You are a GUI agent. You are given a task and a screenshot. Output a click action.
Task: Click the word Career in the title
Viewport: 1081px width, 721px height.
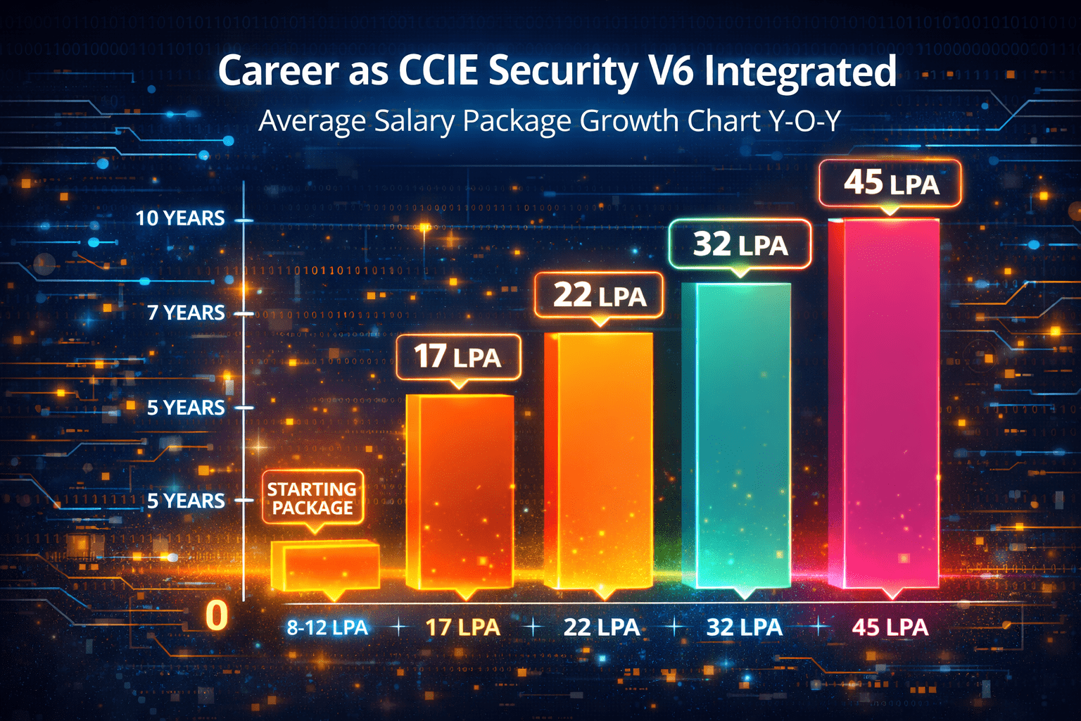[x=279, y=71]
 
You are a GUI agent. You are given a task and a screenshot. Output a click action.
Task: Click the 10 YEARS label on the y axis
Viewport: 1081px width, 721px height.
[x=180, y=218]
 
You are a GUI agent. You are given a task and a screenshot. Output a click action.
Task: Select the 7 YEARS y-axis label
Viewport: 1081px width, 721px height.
[x=186, y=313]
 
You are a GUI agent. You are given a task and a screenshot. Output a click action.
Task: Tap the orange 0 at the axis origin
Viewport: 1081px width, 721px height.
[x=217, y=615]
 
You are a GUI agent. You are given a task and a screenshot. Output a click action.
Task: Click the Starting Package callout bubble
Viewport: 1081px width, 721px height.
[x=312, y=499]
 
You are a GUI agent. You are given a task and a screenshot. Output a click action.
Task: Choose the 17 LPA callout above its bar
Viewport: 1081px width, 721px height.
[x=458, y=357]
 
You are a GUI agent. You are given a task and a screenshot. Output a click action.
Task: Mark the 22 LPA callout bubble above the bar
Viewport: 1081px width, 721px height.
[x=599, y=296]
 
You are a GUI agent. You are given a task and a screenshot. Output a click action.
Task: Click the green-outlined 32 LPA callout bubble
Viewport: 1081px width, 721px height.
[x=740, y=244]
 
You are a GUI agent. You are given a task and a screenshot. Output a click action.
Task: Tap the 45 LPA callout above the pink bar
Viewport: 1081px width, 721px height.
[x=891, y=183]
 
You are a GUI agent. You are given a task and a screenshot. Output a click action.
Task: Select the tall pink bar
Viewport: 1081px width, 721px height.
[x=884, y=401]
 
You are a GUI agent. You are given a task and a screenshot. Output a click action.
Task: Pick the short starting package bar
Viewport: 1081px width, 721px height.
[x=325, y=565]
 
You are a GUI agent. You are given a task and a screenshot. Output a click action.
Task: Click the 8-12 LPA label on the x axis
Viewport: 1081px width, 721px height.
[x=327, y=627]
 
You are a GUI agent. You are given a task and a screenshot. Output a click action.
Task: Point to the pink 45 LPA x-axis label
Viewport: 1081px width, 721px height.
[x=890, y=627]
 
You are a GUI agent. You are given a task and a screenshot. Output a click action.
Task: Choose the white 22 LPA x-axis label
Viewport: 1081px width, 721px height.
[x=602, y=627]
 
